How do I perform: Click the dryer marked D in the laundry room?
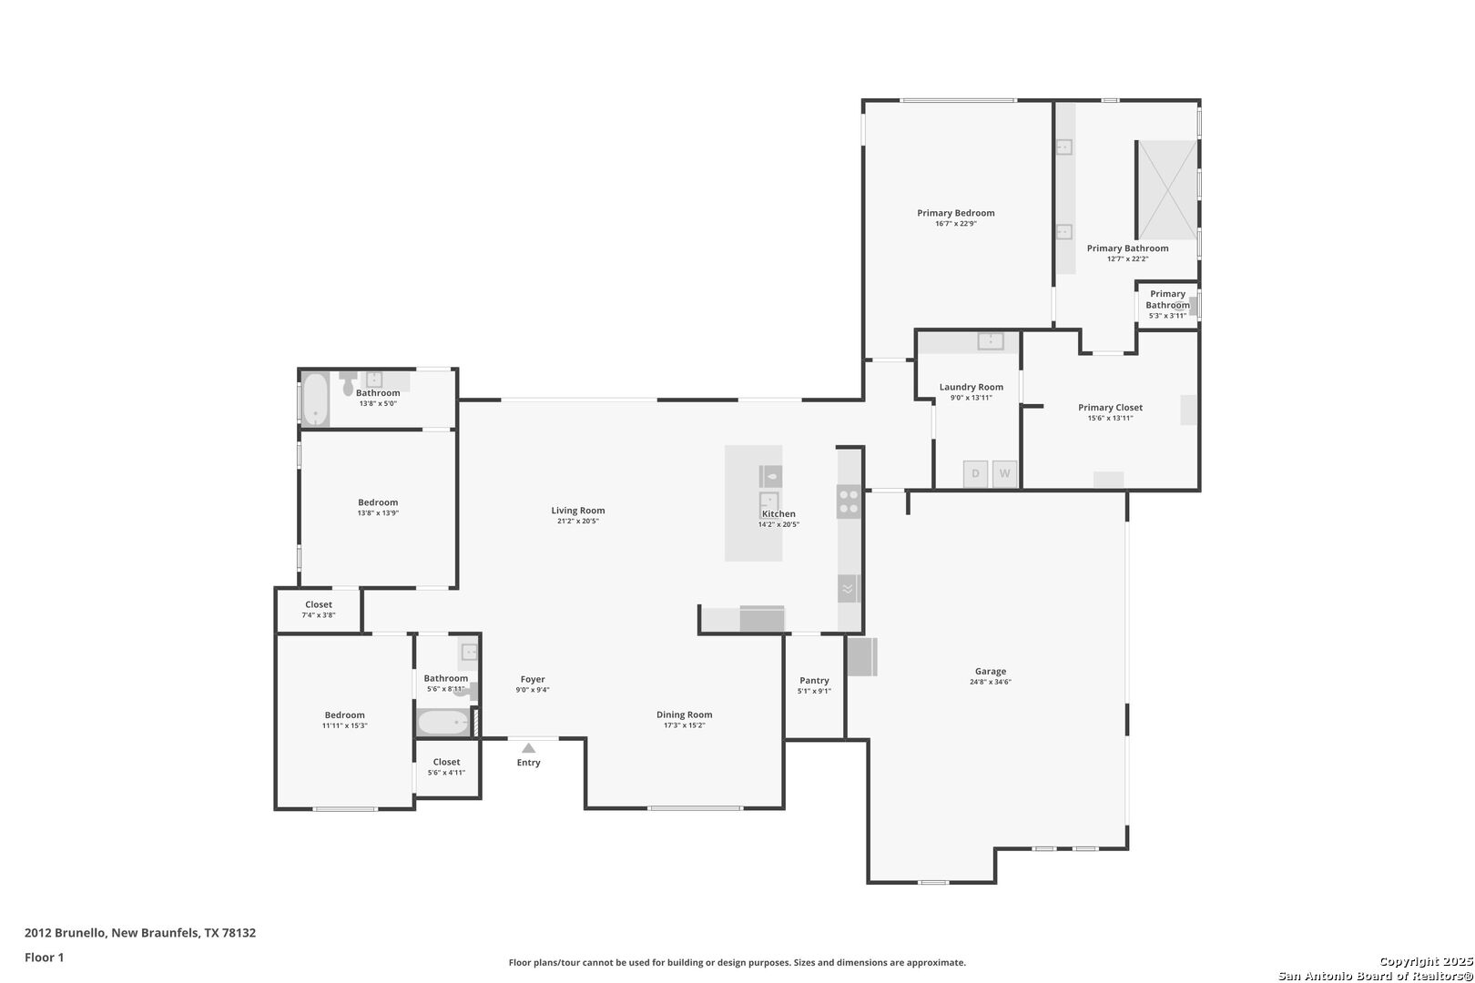click(x=975, y=473)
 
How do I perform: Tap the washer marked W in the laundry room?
click(x=1004, y=473)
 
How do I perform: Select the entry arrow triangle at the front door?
click(x=529, y=748)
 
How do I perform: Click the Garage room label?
click(x=991, y=671)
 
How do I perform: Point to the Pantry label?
click(x=814, y=680)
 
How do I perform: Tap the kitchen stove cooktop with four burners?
click(x=849, y=501)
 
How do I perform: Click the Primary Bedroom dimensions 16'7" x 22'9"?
click(x=955, y=224)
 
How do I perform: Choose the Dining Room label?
click(x=684, y=714)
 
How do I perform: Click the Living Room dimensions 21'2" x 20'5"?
click(x=577, y=521)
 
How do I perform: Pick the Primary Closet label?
click(x=1110, y=408)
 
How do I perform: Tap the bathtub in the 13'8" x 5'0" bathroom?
click(x=315, y=400)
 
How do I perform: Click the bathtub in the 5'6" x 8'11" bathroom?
click(x=443, y=723)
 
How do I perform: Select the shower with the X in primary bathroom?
click(x=1167, y=189)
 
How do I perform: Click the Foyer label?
click(x=532, y=679)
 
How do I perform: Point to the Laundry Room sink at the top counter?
click(x=991, y=340)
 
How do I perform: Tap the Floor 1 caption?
click(x=44, y=958)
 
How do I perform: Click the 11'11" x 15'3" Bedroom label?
click(x=344, y=715)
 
